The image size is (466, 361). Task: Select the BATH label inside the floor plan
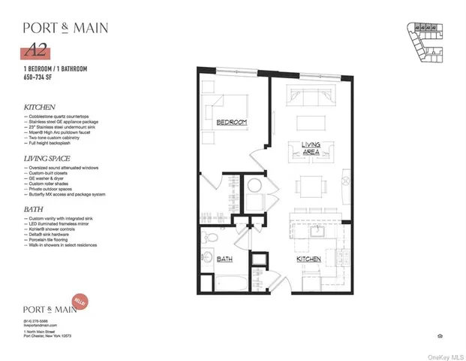point(224,259)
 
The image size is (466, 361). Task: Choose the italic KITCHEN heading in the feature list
point(41,108)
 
